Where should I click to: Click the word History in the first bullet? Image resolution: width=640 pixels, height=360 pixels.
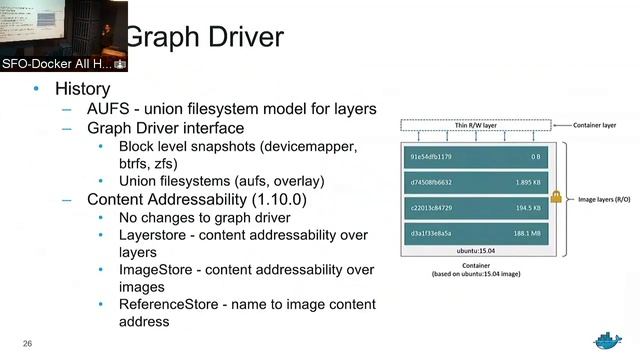click(x=82, y=89)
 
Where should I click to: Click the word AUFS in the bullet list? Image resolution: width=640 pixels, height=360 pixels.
click(x=108, y=109)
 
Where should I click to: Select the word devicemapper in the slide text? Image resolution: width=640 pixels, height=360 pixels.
click(x=309, y=146)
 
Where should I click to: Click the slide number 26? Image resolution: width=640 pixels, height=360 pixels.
click(x=28, y=344)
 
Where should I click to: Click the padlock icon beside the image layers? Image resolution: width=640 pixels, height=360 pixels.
click(x=556, y=198)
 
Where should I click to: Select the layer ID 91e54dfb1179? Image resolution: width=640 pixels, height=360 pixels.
click(x=431, y=157)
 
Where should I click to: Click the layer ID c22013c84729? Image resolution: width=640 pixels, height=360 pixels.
click(x=431, y=207)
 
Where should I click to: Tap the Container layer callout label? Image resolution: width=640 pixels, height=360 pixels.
click(x=595, y=126)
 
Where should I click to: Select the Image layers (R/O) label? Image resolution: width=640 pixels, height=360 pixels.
click(x=604, y=199)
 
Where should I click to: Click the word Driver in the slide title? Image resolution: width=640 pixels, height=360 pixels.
click(x=241, y=39)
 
